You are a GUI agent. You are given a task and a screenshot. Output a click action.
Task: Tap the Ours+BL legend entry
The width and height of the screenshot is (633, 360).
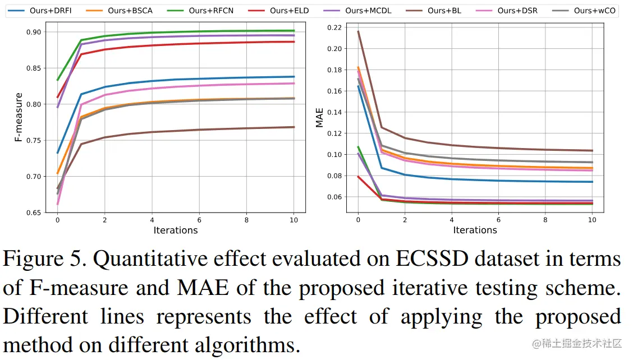point(444,11)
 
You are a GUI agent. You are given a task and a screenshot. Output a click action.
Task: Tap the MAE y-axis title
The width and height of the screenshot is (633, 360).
point(320,119)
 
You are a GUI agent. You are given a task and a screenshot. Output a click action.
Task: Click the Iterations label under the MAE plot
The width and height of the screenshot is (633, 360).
point(475,230)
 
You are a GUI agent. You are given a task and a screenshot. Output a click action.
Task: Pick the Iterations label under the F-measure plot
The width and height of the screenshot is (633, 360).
point(175,230)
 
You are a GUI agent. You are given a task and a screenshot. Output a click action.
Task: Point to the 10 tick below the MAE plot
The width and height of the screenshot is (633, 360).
point(592,220)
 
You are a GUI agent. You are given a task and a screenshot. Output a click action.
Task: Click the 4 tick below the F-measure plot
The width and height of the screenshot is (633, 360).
point(152,220)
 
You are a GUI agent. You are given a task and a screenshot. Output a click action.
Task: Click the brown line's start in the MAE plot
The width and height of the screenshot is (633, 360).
point(358,31)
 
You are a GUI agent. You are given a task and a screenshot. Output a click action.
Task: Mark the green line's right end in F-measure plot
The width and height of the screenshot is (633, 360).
point(294,30)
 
